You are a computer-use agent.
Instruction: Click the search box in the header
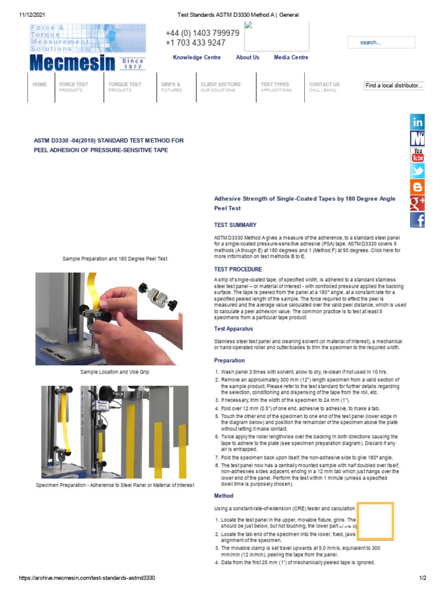(x=381, y=42)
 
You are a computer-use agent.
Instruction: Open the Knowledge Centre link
(x=196, y=57)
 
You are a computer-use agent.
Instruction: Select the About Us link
(x=247, y=57)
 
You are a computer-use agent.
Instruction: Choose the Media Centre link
(x=291, y=57)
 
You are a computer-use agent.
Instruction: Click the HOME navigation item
(x=40, y=85)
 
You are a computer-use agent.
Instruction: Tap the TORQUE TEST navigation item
(x=124, y=85)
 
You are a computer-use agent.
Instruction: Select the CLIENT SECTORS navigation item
(x=220, y=85)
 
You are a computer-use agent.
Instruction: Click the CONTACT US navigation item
(x=324, y=85)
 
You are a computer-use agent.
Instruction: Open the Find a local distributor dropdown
(x=395, y=86)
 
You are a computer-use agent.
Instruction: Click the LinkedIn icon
(x=417, y=122)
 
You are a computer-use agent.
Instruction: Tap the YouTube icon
(x=417, y=155)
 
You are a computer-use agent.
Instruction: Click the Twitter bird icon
(x=417, y=171)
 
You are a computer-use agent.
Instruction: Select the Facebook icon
(x=417, y=220)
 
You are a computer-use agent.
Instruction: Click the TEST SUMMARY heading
(x=235, y=225)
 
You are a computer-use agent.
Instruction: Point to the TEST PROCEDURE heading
(x=238, y=269)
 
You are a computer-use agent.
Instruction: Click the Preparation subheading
(x=229, y=360)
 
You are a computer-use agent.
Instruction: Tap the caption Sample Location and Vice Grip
(x=115, y=372)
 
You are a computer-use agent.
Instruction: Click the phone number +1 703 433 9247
(x=195, y=43)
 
